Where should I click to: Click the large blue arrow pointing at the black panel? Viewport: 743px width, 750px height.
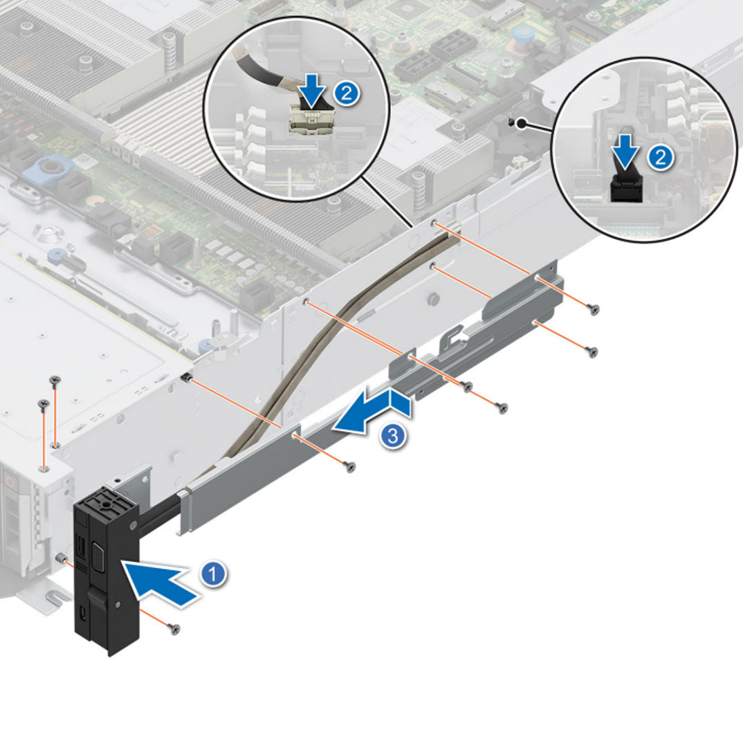coord(161,583)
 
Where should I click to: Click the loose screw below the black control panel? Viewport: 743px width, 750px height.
coord(175,628)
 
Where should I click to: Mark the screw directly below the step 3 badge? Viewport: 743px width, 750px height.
coord(351,467)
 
